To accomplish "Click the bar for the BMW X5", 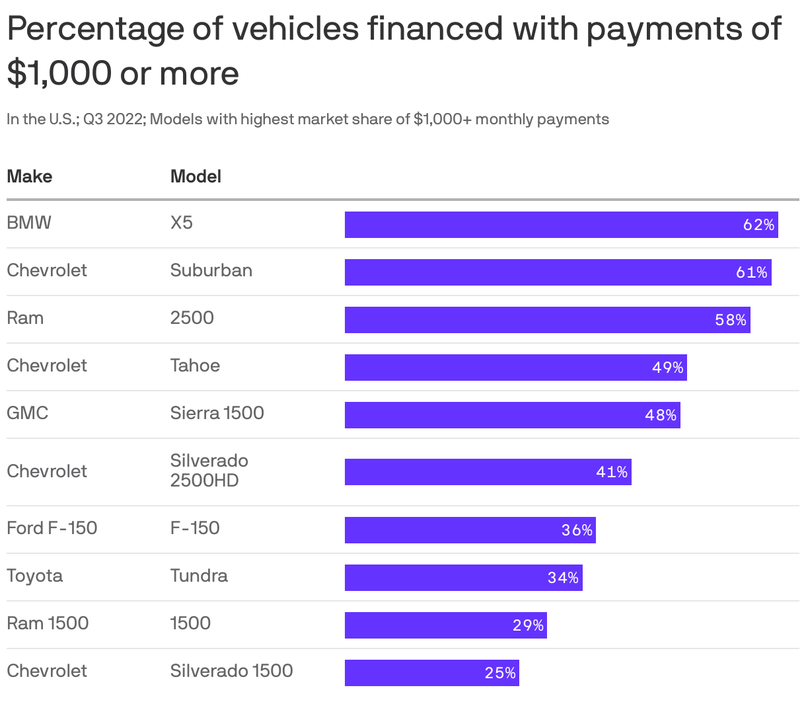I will coord(561,225).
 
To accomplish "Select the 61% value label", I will coord(751,272).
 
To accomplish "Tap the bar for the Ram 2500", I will coord(547,320).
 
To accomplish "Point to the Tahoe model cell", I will coord(195,366).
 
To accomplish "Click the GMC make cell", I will coord(28,413).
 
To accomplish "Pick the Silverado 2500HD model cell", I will coord(209,471).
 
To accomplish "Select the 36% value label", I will coord(577,530).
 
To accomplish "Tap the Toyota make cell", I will coord(34,576).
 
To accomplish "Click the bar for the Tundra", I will coord(463,578).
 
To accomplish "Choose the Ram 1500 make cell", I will coord(48,623).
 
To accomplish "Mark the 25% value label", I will coord(500,673).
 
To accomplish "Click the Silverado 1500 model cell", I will coord(231,671).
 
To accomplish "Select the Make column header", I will coord(30,176).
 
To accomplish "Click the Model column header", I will coord(196,176).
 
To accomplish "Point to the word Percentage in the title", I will coord(96,29).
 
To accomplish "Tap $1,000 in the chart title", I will coord(59,73).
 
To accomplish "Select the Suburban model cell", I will coord(211,270).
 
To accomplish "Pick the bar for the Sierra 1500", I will coord(512,415).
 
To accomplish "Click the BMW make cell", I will coord(29,223).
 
